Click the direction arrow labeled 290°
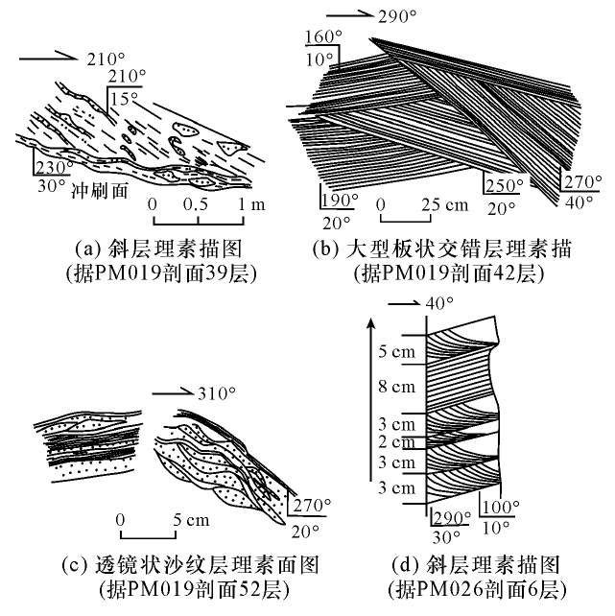coord(345,15)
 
